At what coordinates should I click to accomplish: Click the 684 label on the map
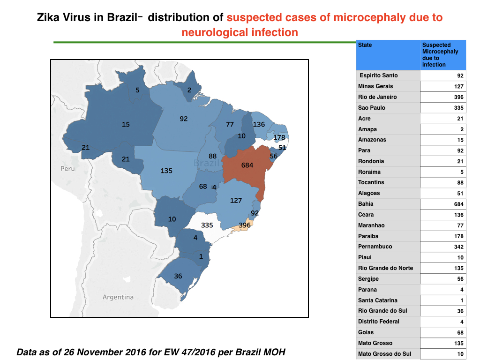pyautogui.click(x=247, y=165)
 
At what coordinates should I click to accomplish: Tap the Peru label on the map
pyautogui.click(x=67, y=168)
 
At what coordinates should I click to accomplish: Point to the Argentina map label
pyautogui.click(x=118, y=297)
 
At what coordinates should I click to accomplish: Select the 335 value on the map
pyautogui.click(x=207, y=225)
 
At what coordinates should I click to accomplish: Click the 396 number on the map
pyautogui.click(x=245, y=225)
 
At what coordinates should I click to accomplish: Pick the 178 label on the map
pyautogui.click(x=279, y=137)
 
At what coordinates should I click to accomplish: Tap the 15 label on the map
pyautogui.click(x=126, y=124)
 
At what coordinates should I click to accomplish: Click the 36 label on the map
pyautogui.click(x=178, y=276)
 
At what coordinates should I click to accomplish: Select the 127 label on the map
pyautogui.click(x=236, y=201)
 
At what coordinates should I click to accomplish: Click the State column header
pyautogui.click(x=365, y=45)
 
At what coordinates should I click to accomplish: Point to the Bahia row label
pyautogui.click(x=366, y=204)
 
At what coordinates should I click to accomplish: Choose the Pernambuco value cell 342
pyautogui.click(x=458, y=247)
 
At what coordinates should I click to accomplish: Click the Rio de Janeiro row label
pyautogui.click(x=377, y=97)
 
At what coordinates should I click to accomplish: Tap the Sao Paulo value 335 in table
pyautogui.click(x=458, y=108)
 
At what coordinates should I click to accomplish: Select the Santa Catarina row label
pyautogui.click(x=378, y=300)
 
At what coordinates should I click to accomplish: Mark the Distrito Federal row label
pyautogui.click(x=379, y=322)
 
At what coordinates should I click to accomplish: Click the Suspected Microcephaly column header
pyautogui.click(x=440, y=55)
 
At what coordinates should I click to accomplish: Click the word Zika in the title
pyautogui.click(x=48, y=17)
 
